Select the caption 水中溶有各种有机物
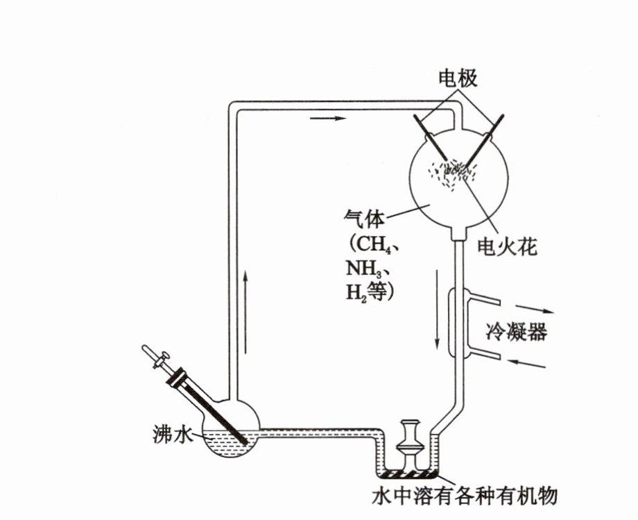tap(465, 497)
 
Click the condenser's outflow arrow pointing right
tap(535, 310)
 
